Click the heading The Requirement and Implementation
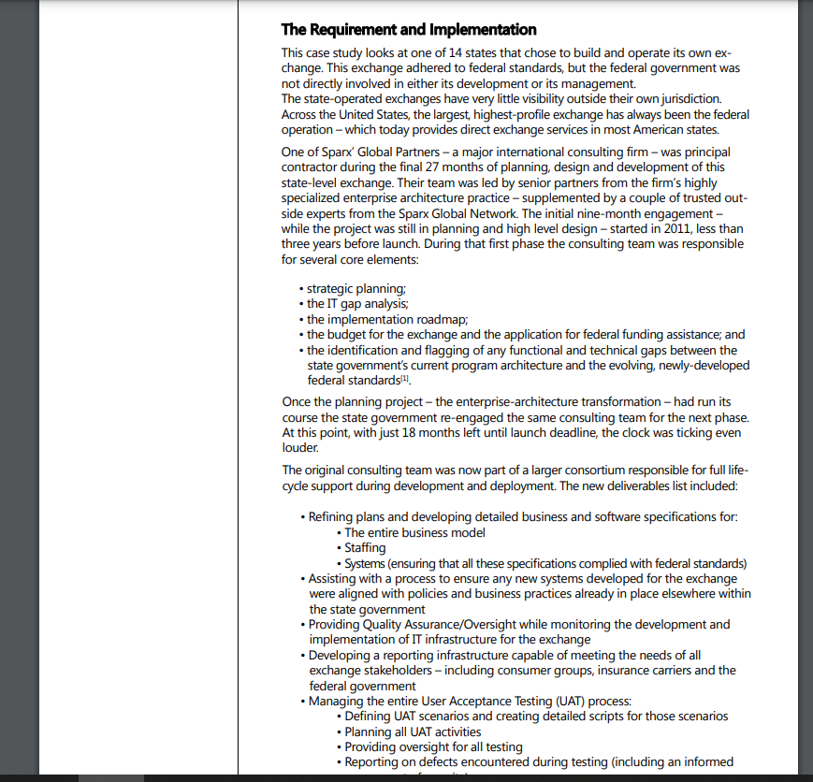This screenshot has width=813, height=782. (x=409, y=30)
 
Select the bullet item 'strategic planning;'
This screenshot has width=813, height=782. (x=356, y=289)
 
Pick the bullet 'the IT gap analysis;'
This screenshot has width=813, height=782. (x=357, y=304)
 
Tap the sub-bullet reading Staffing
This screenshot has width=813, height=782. (x=365, y=548)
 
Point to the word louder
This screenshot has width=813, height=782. (x=300, y=447)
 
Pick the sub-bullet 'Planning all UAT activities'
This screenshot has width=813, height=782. (x=413, y=731)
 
